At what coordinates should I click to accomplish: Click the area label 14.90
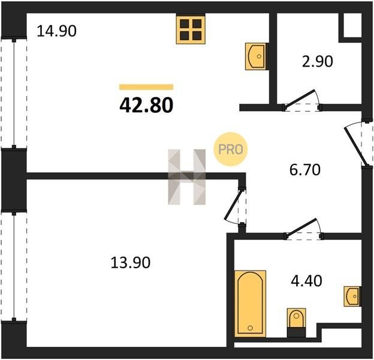[x=56, y=31]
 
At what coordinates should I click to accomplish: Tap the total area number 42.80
[x=146, y=106]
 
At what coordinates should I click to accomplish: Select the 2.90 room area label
[x=317, y=61]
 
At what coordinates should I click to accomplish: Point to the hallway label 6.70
[x=305, y=170]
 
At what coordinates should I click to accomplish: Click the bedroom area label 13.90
[x=131, y=262]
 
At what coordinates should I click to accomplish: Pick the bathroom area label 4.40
[x=306, y=281]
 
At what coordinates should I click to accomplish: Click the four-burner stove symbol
[x=191, y=29]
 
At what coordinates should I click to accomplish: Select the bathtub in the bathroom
[x=250, y=304]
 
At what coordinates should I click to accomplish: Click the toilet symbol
[x=296, y=323]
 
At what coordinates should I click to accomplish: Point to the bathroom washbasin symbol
[x=352, y=296]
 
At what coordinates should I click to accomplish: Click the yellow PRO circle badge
[x=231, y=149]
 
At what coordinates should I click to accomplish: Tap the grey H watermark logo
[x=187, y=177]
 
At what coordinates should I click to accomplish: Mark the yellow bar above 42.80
[x=146, y=87]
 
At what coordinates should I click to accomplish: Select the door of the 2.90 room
[x=302, y=101]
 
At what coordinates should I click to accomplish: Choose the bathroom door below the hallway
[x=303, y=229]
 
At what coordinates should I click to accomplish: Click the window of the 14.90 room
[x=14, y=92]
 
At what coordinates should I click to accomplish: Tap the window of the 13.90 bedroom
[x=14, y=266]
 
